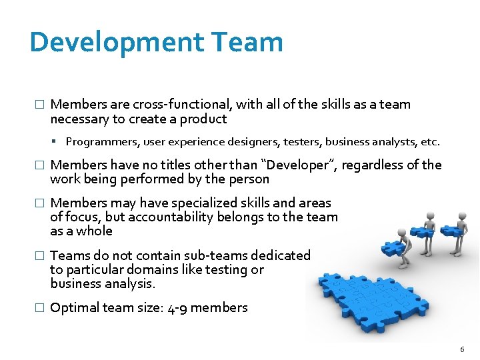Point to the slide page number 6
coord(463,350)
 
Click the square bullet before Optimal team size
coord(39,308)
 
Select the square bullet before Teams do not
coord(39,256)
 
